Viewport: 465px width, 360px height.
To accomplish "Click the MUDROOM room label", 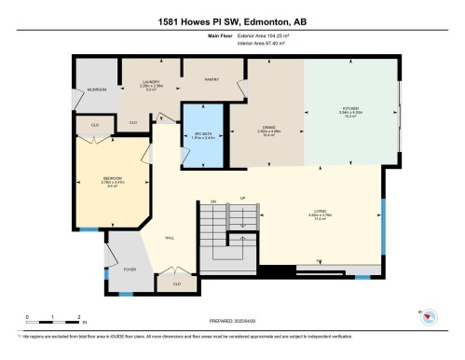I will [x=97, y=90].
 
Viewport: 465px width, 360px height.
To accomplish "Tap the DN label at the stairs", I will [x=213, y=202].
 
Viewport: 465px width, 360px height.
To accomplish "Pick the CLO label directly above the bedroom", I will [x=95, y=124].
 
